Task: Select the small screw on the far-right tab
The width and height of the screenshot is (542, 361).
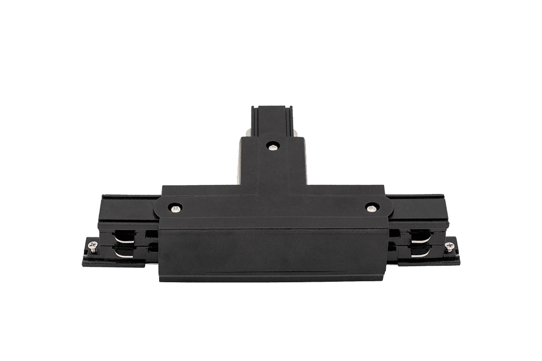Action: pos(449,246)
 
